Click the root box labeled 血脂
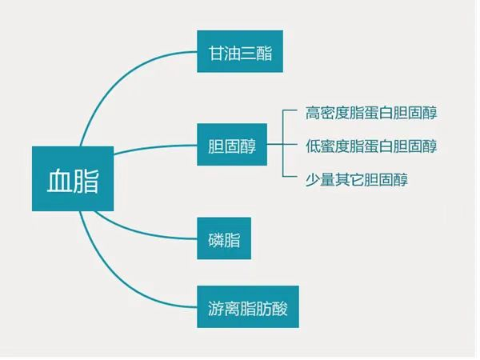pos(73,178)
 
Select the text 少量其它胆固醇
pos(357,180)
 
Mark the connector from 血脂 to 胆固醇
pos(156,146)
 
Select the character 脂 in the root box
pos(86,179)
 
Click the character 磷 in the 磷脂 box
pos(210,239)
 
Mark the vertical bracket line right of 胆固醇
pos(284,146)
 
